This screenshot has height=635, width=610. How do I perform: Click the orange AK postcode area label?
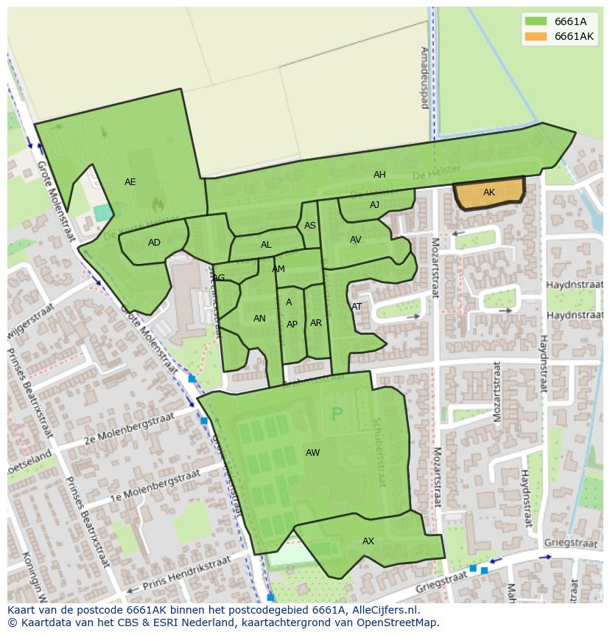[x=489, y=192]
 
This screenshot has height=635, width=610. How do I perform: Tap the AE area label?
[x=130, y=182]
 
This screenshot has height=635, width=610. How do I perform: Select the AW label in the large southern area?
[x=313, y=453]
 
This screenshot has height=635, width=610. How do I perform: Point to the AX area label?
[x=368, y=541]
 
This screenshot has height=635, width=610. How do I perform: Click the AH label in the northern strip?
[x=379, y=175]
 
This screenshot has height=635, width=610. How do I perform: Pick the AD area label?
[x=154, y=243]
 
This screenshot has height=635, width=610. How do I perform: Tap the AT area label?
[x=357, y=307]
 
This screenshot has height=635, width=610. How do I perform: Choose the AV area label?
[x=356, y=240]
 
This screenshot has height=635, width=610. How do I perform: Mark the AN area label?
[x=259, y=319]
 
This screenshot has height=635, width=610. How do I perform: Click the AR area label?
[x=316, y=323]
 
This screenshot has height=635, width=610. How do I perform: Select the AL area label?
[x=266, y=245]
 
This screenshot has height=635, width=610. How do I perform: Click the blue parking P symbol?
[x=337, y=414]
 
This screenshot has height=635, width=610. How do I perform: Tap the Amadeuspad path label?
[x=424, y=77]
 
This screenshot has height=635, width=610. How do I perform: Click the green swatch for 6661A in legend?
[x=536, y=21]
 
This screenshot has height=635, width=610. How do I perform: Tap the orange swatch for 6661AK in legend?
[x=536, y=36]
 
